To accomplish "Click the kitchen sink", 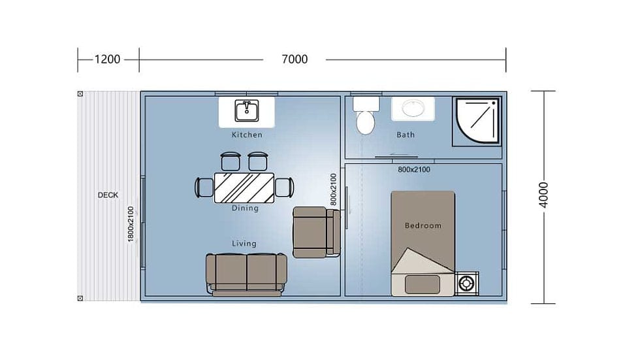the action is tap(247, 110).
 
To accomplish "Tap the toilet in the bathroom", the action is tap(366, 116).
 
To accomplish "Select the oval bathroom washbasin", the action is tap(413, 108).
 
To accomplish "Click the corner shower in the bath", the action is tap(477, 122).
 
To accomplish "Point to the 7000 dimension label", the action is tap(295, 59).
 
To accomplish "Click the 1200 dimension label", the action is tap(107, 59).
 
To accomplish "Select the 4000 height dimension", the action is tap(543, 195).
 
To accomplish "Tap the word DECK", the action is tap(108, 195).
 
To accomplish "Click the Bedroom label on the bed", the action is tap(423, 225).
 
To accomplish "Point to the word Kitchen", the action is tap(247, 135).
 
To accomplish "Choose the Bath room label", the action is tap(406, 135).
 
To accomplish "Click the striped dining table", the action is tap(244, 188).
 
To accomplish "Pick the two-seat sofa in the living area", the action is tap(246, 274).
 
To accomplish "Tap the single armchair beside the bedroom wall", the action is tap(316, 232).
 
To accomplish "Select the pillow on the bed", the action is tap(423, 284).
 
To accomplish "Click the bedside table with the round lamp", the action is tap(466, 284).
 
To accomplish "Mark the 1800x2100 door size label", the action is tap(131, 224).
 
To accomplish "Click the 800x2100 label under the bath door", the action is tap(414, 169).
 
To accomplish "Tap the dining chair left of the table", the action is tap(204, 188).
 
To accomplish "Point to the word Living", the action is tap(244, 244).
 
